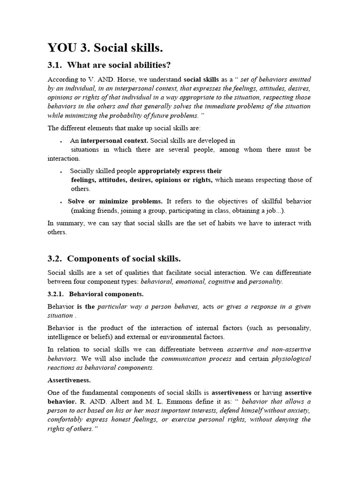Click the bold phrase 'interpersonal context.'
tap(114, 140)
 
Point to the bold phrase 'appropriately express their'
tap(180, 171)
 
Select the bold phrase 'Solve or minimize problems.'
tap(115, 201)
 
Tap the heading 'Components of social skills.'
tap(124, 259)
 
